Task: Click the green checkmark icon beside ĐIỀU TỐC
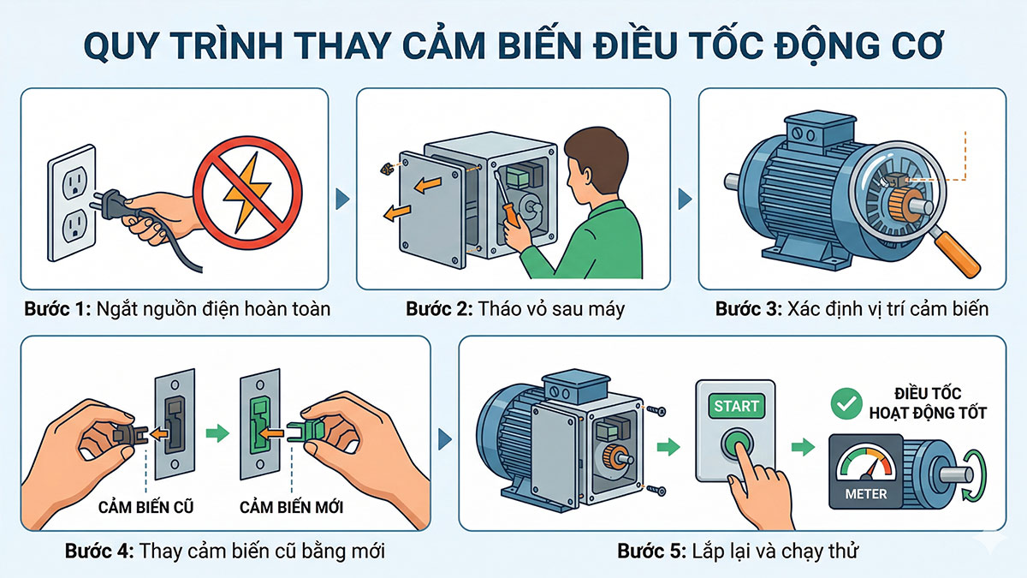[x=847, y=402]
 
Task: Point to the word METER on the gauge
[x=865, y=494]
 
